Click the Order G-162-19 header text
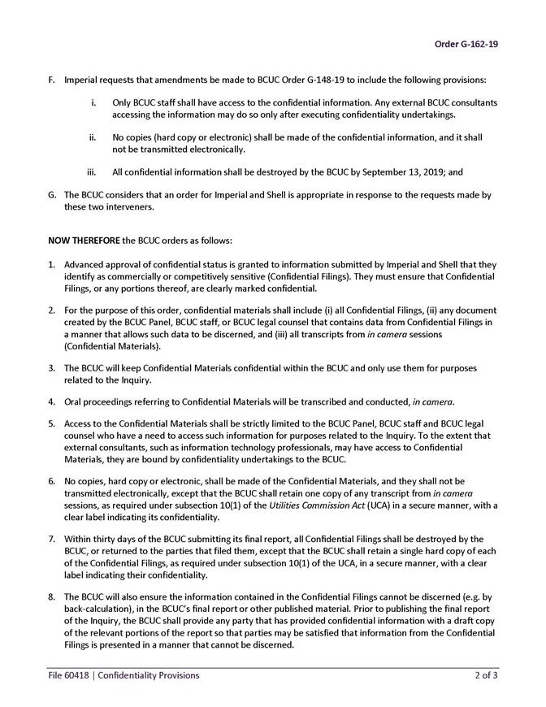tap(466, 44)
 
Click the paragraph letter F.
tap(52, 80)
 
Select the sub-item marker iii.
tap(93, 172)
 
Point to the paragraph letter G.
tap(52, 195)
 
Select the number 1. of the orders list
tap(52, 265)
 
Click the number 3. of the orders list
tap(52, 368)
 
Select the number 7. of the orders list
tap(52, 539)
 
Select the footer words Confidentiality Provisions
tap(148, 675)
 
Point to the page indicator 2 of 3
tap(487, 675)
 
